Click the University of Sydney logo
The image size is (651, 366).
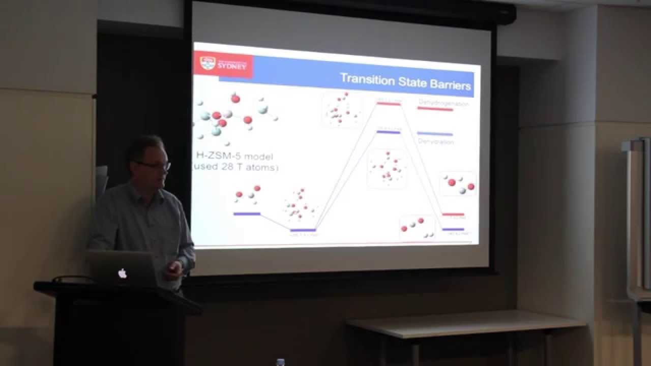tap(223, 65)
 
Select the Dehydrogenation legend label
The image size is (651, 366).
tap(443, 103)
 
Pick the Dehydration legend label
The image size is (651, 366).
tap(436, 142)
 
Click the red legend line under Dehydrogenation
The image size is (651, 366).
tap(435, 109)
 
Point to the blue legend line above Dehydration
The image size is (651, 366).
tap(434, 134)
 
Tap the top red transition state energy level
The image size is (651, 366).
tap(389, 104)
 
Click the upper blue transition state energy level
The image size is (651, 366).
tap(389, 132)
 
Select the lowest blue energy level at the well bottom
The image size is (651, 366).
tap(303, 230)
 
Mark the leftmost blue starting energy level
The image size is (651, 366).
tap(247, 214)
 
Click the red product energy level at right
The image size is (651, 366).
tap(453, 215)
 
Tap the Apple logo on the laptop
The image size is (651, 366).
tap(122, 273)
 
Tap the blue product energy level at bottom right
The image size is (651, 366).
tap(453, 229)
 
